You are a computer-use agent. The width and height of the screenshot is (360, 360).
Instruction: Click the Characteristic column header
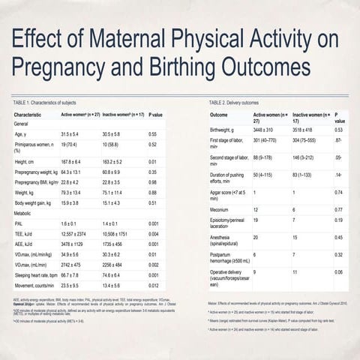(33, 114)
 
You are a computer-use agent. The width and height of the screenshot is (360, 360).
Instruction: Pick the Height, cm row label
(27, 161)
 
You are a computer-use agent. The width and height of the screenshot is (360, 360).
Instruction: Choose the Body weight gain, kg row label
(37, 202)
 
